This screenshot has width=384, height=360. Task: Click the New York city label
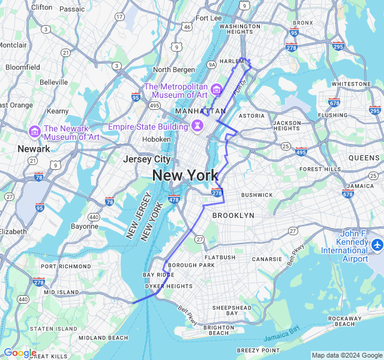click(185, 176)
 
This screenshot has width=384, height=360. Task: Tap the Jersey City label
click(146, 160)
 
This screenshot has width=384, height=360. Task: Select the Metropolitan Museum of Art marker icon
click(216, 91)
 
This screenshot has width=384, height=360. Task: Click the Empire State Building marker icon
click(196, 127)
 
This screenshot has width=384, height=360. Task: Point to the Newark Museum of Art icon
click(34, 131)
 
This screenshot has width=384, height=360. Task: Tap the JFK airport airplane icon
click(376, 245)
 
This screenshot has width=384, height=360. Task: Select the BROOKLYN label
click(233, 215)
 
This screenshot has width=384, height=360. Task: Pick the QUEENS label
click(364, 157)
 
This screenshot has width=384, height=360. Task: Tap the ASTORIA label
click(251, 115)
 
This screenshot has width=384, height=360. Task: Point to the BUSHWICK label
click(257, 195)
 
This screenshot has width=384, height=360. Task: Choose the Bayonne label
click(84, 226)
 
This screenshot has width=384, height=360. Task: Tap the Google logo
click(20, 353)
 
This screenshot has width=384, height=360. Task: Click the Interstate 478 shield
click(174, 199)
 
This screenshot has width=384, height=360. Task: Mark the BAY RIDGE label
click(157, 275)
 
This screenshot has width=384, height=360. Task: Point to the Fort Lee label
click(209, 18)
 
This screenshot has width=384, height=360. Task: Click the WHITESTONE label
click(351, 84)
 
